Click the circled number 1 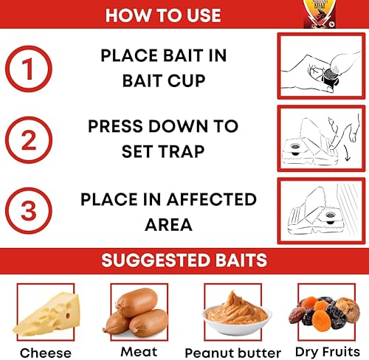[29, 69]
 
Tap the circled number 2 [29, 139]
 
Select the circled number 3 [29, 211]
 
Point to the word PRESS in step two [115, 126]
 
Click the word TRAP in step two [181, 151]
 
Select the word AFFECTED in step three [212, 199]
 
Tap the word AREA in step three [168, 224]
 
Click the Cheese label [46, 353]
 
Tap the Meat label [139, 352]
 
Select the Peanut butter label [232, 353]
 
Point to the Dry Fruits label [328, 352]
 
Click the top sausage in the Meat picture [137, 302]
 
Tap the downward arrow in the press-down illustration [348, 153]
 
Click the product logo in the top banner [320, 13]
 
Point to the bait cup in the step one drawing [329, 77]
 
